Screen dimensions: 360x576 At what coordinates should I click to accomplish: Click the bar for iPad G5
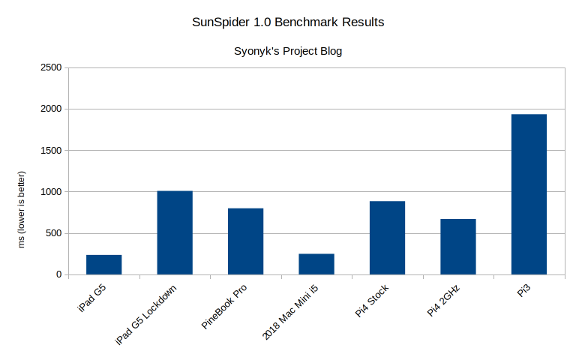(103, 265)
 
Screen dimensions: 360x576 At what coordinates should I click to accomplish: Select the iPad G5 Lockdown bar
(175, 232)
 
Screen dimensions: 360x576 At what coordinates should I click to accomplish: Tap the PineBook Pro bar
(245, 241)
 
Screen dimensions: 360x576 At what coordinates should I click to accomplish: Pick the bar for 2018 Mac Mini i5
(316, 264)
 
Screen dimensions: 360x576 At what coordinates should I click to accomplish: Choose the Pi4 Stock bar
(387, 238)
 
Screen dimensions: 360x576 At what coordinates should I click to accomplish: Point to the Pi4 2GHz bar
(457, 247)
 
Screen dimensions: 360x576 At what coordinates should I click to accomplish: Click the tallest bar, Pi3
(529, 194)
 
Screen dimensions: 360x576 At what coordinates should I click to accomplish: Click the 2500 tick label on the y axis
(50, 67)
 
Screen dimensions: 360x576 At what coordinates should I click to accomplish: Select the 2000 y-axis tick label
(50, 109)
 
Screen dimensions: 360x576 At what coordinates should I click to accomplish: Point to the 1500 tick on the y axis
(50, 151)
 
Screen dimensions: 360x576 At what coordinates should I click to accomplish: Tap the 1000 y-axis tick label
(50, 192)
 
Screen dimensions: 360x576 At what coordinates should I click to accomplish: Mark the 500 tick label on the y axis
(53, 233)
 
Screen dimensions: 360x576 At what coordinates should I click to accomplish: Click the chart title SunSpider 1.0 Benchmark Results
(288, 22)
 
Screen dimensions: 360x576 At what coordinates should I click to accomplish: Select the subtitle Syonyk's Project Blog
(288, 52)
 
